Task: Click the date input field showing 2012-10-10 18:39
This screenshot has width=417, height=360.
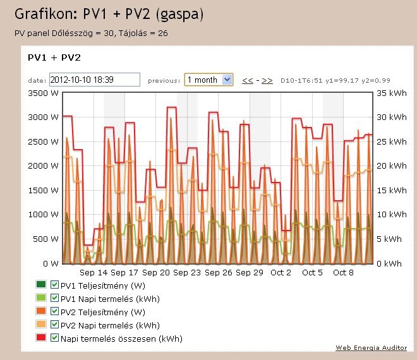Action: pos(94,80)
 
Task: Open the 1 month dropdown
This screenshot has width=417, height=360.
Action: pos(208,80)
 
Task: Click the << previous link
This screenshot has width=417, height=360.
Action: pos(248,81)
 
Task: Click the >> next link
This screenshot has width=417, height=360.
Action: pos(267,81)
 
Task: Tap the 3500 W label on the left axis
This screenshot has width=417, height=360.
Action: pos(44,93)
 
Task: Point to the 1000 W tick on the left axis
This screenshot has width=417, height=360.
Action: pos(44,215)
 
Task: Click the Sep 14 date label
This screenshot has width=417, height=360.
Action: pos(94,273)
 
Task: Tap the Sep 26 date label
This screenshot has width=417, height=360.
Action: pos(218,273)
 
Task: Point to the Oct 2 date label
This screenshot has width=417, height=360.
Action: pos(281,273)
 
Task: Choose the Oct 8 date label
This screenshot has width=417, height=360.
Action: pos(343,273)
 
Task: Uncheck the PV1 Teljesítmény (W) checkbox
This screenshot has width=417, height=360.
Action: pos(54,285)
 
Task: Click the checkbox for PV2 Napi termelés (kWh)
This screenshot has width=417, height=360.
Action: pos(54,325)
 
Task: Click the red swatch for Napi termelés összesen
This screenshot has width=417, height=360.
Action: pos(42,339)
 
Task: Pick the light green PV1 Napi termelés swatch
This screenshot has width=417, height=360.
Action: pos(42,299)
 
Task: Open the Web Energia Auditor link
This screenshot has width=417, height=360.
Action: pos(372,348)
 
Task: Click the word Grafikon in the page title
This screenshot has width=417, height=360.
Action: pos(44,13)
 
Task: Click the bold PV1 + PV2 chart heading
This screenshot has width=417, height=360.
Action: pos(54,57)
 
